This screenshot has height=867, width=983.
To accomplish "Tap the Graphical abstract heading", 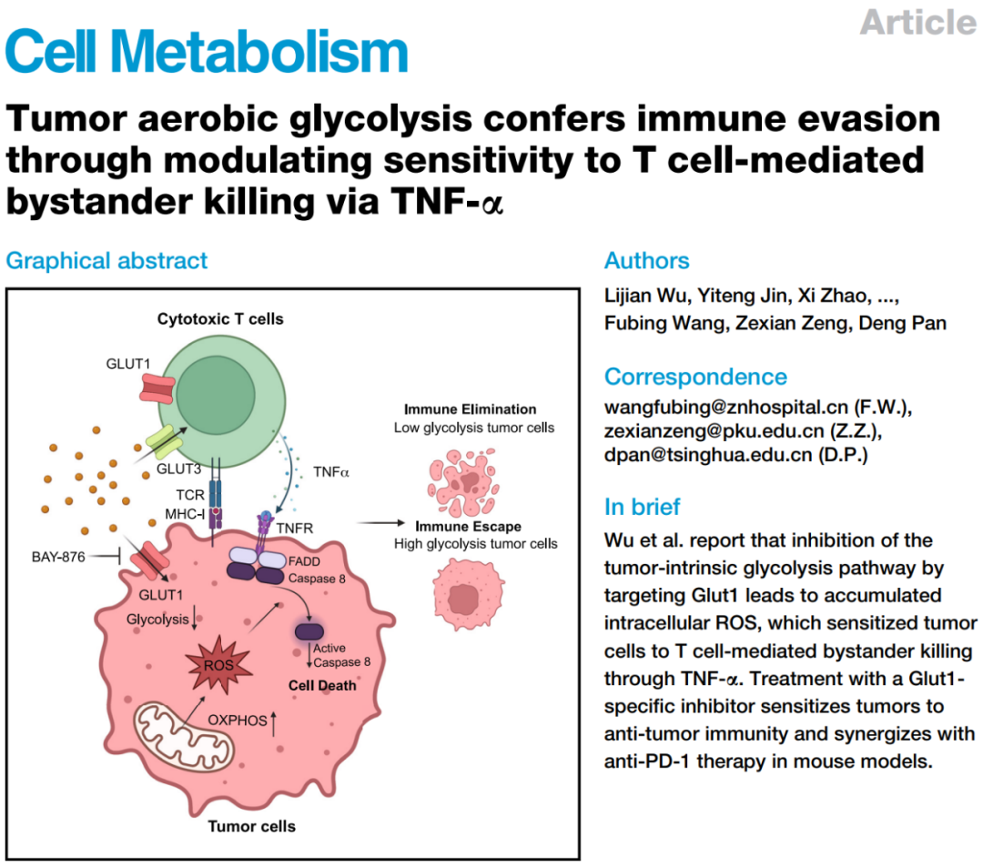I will click(x=106, y=260).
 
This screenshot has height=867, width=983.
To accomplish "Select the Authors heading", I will click(x=647, y=260).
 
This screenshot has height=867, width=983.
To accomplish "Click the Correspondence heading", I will click(x=696, y=377).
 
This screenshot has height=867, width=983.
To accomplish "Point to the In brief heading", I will click(x=643, y=506).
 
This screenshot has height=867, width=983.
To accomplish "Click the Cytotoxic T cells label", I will click(x=220, y=318).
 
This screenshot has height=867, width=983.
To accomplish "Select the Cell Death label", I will click(x=322, y=684).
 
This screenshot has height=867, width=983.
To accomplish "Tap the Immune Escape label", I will click(x=469, y=526).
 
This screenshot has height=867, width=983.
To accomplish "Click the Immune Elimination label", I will click(x=470, y=408).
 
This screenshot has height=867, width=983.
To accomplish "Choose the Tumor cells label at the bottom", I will click(x=252, y=826).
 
